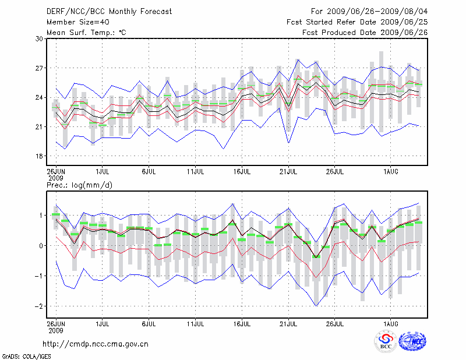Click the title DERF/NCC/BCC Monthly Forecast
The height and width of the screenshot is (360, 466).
pyautogui.click(x=98, y=11)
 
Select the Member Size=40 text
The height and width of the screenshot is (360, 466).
pyautogui.click(x=73, y=22)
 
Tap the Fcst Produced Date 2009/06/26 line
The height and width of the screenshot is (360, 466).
pyautogui.click(x=365, y=32)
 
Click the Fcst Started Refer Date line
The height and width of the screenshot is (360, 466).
pyautogui.click(x=357, y=22)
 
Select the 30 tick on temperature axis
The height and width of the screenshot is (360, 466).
pyautogui.click(x=40, y=39)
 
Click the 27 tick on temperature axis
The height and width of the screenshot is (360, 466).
pyautogui.click(x=40, y=68)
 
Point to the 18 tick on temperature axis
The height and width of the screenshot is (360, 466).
pyautogui.click(x=40, y=156)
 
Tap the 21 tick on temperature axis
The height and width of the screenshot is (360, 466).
pyautogui.click(x=40, y=127)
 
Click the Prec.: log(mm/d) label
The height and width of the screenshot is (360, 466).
pyautogui.click(x=79, y=185)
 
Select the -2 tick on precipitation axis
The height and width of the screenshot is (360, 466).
pyautogui.click(x=39, y=306)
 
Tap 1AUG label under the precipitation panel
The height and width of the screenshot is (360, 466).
pyautogui.click(x=391, y=322)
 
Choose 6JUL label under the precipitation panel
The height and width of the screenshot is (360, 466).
pyautogui.click(x=149, y=322)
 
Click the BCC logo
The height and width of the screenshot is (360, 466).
pyautogui.click(x=385, y=341)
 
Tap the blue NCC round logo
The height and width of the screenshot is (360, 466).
pyautogui.click(x=412, y=342)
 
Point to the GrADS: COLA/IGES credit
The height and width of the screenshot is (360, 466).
pyautogui.click(x=23, y=355)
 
